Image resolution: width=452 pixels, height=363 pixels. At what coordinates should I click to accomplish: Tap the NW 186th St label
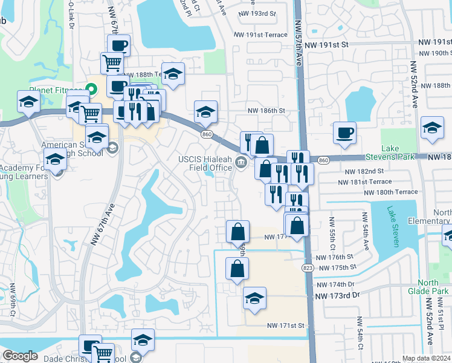[x=266, y=111]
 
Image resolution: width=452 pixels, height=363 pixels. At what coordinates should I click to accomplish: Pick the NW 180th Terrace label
[x=390, y=192]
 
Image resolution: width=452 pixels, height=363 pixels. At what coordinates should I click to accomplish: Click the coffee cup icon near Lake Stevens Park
[x=344, y=132]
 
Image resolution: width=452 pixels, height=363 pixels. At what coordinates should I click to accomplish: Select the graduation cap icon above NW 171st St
[x=255, y=298]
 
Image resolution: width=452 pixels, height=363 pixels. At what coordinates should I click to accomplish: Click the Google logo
[x=20, y=356]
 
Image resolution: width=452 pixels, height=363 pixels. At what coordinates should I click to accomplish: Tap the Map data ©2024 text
[x=426, y=358]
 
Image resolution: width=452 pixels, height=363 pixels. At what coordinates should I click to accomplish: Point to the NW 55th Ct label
[x=332, y=233]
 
